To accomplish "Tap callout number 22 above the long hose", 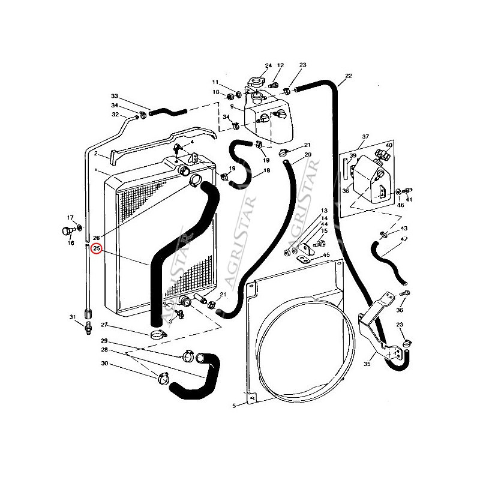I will (348, 76).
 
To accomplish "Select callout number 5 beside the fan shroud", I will (234, 406).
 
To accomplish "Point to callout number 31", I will (72, 317).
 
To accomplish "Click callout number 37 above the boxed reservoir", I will (365, 137).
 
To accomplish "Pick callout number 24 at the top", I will (268, 65).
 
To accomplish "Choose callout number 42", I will (404, 239).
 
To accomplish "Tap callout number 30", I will (104, 364).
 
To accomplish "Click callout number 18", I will (266, 171).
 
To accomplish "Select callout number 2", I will (96, 154).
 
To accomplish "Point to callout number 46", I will (400, 205).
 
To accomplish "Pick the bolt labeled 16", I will (67, 230).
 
